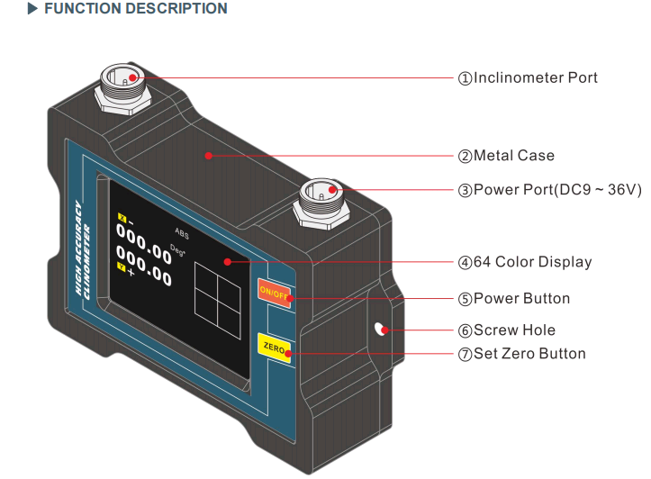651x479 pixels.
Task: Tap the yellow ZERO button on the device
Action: [x=274, y=347]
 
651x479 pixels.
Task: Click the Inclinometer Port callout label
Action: [x=528, y=78]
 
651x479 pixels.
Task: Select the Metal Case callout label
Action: [x=506, y=156]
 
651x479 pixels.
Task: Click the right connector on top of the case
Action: [x=322, y=199]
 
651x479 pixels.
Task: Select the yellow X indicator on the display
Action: [x=122, y=217]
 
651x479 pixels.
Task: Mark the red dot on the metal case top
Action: [x=208, y=156]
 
